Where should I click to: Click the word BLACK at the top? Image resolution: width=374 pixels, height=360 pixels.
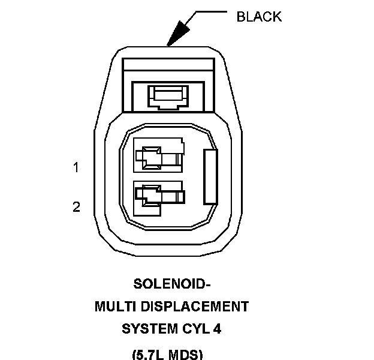click(x=259, y=16)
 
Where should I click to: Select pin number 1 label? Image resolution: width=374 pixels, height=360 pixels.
click(x=76, y=168)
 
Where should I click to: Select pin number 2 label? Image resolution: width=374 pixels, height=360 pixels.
click(x=76, y=207)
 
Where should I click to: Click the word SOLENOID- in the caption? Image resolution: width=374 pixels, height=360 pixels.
click(x=172, y=284)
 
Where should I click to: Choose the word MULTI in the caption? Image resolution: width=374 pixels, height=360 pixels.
click(x=114, y=307)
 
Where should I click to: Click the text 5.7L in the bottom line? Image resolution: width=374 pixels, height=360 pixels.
click(x=150, y=353)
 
